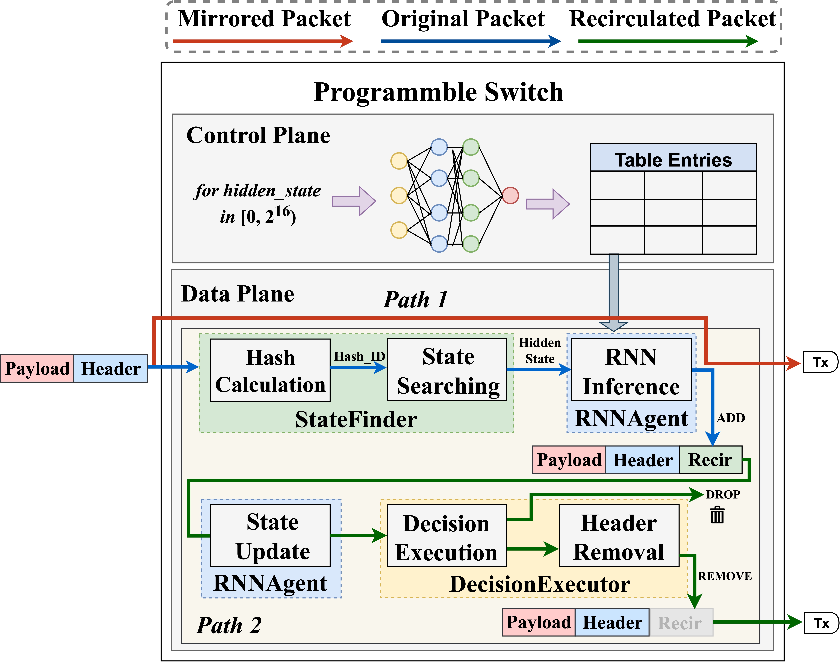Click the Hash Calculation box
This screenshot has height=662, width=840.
coord(270,370)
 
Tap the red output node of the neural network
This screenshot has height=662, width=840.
coord(510,195)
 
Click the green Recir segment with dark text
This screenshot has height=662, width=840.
coord(710,460)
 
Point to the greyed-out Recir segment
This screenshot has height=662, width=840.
coord(681,622)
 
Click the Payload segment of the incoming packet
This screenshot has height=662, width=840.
coord(37,368)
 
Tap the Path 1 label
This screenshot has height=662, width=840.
coord(415,300)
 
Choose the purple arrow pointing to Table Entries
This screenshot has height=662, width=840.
coord(547,204)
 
